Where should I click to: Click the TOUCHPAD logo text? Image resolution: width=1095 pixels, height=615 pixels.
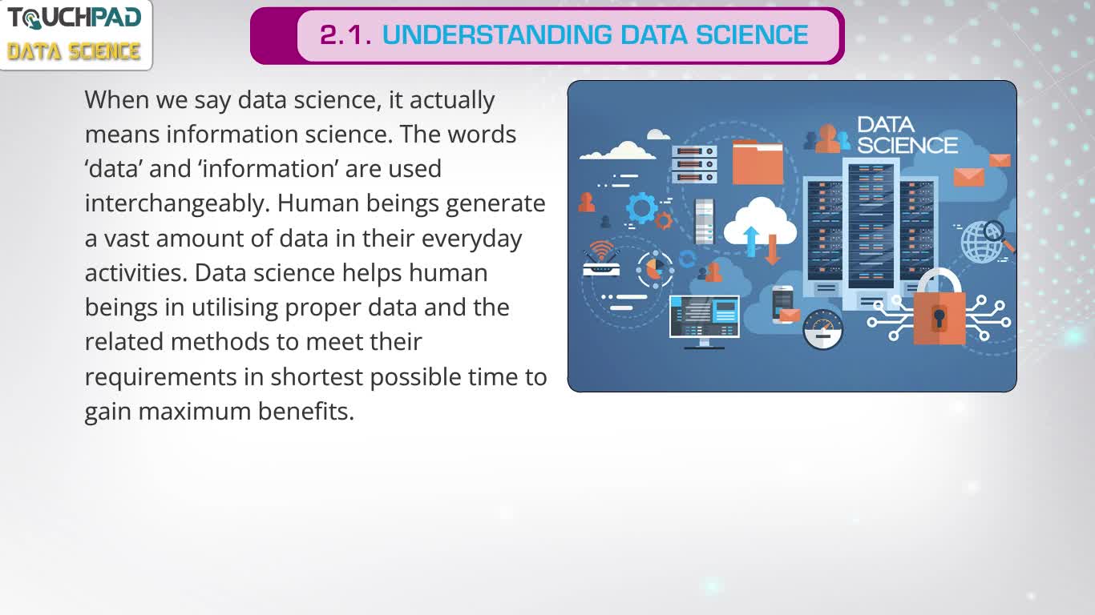tap(75, 18)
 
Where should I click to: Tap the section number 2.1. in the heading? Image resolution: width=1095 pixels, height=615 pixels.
tap(345, 35)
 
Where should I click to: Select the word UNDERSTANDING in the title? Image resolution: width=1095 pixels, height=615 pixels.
tap(497, 34)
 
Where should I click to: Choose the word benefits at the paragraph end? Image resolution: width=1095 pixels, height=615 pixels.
tap(305, 412)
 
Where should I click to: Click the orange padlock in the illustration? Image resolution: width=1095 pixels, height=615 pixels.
tap(939, 307)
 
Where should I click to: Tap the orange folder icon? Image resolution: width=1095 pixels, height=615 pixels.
tap(758, 163)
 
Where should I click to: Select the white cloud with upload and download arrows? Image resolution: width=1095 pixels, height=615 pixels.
tap(761, 225)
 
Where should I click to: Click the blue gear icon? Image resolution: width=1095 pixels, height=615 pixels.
tap(642, 208)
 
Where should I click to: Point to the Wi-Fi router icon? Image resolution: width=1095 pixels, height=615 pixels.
tap(601, 259)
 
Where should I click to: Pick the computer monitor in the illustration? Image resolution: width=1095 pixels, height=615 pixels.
tap(704, 321)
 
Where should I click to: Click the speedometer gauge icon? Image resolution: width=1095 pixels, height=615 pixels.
tap(823, 329)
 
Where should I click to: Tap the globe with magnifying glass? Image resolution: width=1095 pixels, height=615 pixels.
tap(985, 241)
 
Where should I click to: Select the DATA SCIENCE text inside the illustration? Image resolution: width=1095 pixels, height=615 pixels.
tap(907, 135)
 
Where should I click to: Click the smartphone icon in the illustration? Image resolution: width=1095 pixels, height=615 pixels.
tap(782, 303)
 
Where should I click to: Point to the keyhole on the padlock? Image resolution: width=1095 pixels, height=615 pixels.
tap(939, 318)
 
